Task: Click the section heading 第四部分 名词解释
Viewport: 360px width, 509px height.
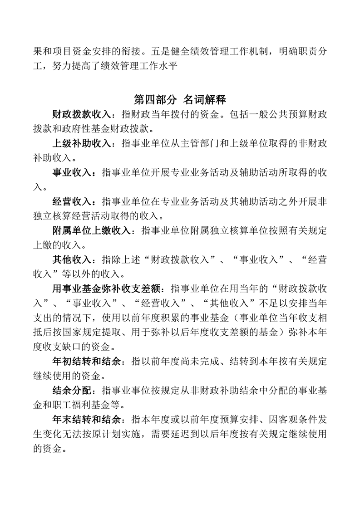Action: point(180,99)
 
